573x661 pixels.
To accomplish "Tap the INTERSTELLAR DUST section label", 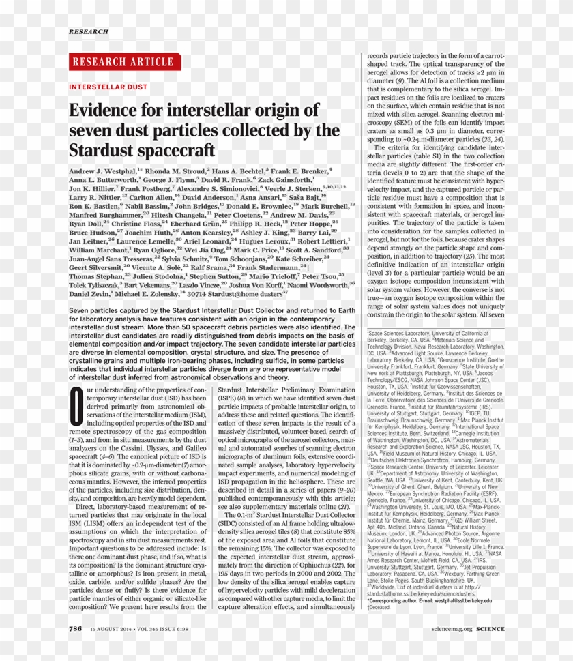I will (x=108, y=87).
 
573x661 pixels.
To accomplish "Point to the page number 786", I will (x=75, y=628).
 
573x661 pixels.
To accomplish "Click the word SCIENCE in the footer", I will (x=490, y=628).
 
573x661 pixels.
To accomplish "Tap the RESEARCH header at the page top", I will (x=88, y=31).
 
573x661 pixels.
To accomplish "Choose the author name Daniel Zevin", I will (x=89, y=293).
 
